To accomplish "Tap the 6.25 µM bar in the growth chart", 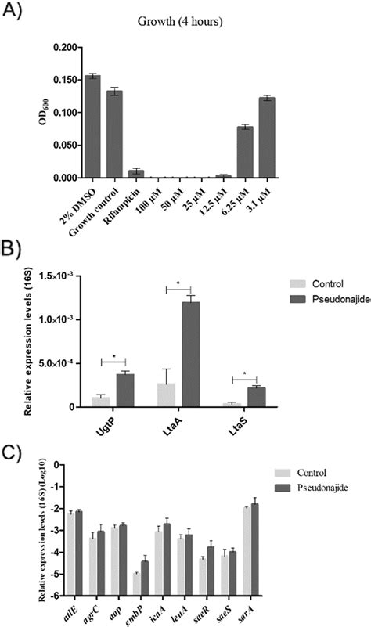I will [223, 152].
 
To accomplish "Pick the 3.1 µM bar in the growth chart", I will [246, 138].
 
